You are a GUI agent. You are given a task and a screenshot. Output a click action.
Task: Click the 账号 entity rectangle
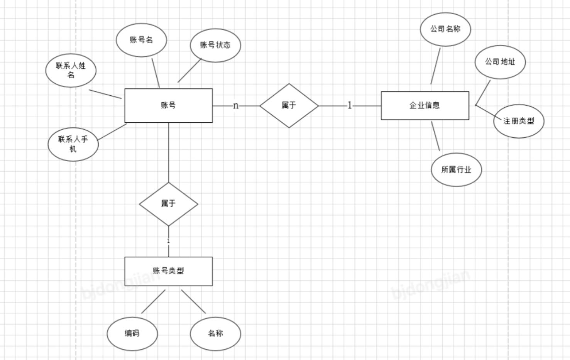pos(168,105)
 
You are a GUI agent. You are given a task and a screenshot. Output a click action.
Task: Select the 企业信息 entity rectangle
pos(425,105)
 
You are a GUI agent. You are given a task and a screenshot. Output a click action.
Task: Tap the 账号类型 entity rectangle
pos(168,271)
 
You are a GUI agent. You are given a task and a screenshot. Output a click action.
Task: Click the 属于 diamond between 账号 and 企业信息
pos(289,105)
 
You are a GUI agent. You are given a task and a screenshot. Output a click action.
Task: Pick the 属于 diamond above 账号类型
pos(168,204)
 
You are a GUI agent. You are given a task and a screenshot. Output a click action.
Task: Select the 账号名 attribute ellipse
pos(141,40)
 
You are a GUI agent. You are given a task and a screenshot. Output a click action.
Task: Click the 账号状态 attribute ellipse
pos(215,45)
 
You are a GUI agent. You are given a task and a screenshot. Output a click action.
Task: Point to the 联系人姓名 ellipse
pos(71,70)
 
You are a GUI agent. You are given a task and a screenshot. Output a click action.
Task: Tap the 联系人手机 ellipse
pos(73,144)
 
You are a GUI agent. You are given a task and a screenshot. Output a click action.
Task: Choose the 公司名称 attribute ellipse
pos(445,29)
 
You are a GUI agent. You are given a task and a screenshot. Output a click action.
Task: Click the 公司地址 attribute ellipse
pos(500,62)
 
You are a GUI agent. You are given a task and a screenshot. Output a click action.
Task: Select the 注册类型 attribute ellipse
pos(519,121)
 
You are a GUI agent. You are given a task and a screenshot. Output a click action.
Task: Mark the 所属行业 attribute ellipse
pos(456,170)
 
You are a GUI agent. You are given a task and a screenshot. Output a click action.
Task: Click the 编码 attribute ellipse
pos(132,334)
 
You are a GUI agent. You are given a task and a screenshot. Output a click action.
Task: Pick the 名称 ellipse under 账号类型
pos(215,334)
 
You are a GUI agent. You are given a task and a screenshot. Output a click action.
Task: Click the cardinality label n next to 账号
pos(236,105)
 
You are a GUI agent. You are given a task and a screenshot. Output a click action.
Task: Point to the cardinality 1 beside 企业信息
pos(350,105)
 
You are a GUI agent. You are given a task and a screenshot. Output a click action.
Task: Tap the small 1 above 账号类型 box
pos(168,241)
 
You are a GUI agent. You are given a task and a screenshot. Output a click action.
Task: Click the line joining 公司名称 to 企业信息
pos(435,66)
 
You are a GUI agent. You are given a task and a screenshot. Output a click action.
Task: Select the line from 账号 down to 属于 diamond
pos(169,152)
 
